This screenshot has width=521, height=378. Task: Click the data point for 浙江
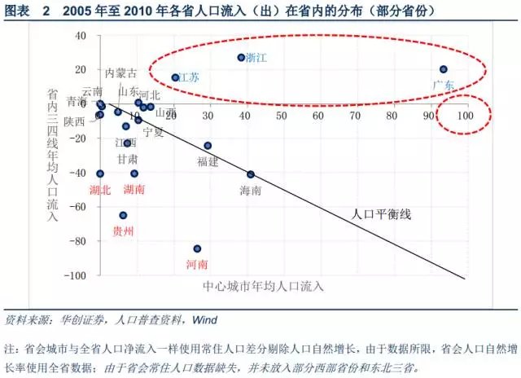241,58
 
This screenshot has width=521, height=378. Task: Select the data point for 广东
444,69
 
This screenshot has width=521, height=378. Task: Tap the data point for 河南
197,248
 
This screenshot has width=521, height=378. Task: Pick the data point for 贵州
123,215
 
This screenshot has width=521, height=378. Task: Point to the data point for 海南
251,174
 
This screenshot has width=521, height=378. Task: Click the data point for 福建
208,146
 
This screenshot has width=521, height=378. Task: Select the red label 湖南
134,189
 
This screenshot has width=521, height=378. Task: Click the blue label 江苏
189,77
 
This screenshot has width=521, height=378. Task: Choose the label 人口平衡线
381,214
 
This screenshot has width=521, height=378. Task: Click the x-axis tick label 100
466,116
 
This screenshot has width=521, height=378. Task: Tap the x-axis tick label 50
282,116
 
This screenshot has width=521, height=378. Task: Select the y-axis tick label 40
80,36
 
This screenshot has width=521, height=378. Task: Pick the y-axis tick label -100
76,276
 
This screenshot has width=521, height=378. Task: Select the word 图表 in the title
18,12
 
